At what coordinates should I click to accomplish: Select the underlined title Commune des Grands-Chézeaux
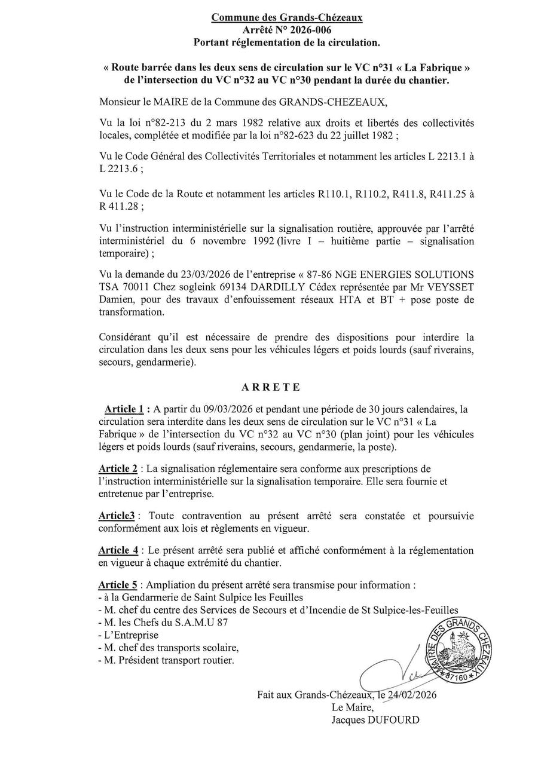[x=286, y=18]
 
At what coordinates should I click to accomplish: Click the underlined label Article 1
[x=124, y=409]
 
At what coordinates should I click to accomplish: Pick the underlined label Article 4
[x=118, y=550]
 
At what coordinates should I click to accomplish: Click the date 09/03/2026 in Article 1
[x=222, y=409]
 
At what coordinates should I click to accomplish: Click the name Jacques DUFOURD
[x=375, y=720]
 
